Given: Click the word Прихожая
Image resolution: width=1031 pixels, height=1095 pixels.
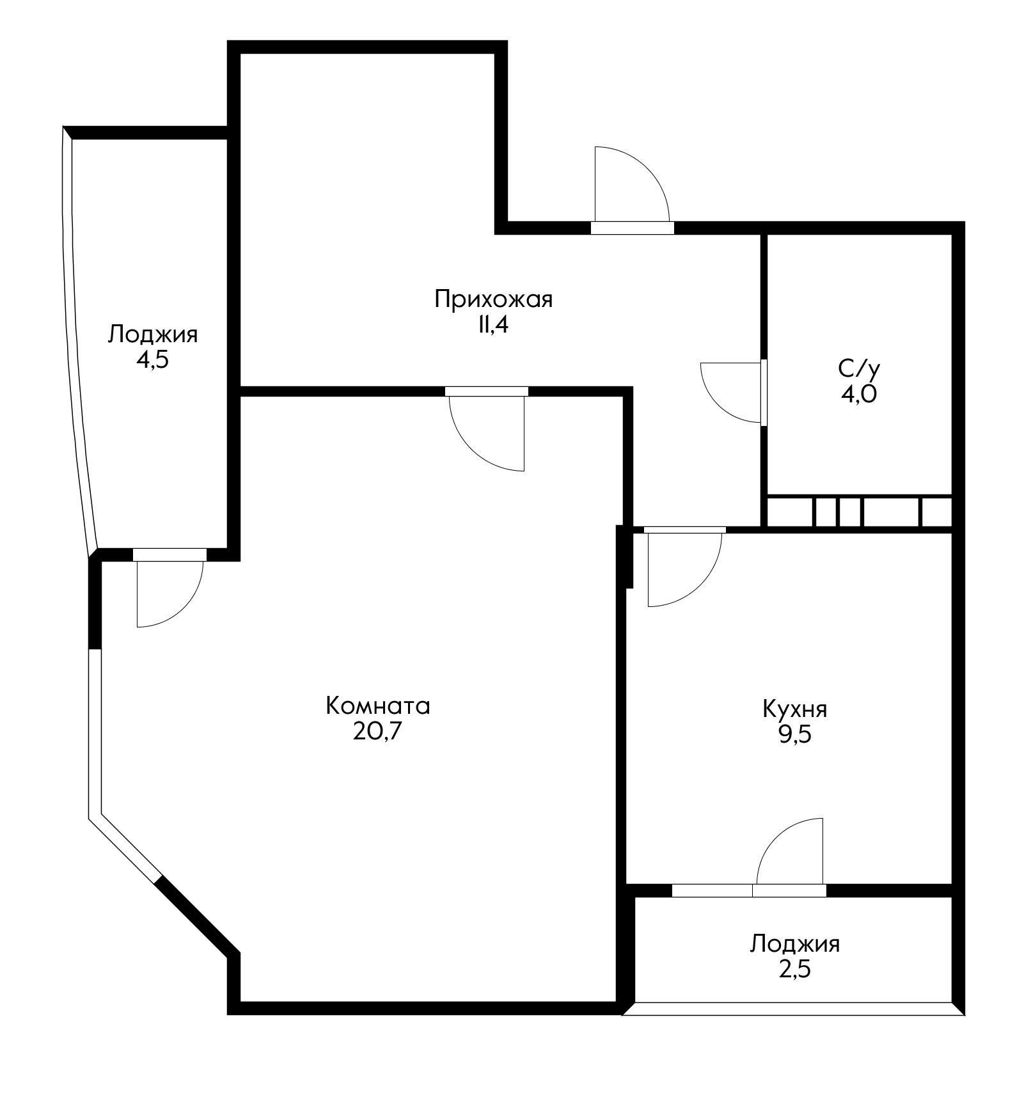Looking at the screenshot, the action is (x=493, y=299).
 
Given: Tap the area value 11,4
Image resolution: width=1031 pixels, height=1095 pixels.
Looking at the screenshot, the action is (x=492, y=325).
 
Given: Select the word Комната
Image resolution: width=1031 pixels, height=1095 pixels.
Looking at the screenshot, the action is (x=378, y=706).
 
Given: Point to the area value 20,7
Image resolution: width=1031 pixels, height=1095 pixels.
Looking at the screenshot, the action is (x=377, y=731).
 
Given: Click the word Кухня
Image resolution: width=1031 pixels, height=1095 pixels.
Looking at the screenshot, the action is (x=795, y=709).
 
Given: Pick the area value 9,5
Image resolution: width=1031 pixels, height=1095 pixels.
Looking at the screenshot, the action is (x=794, y=734).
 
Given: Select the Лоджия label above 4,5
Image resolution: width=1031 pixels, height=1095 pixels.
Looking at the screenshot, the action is (x=152, y=335).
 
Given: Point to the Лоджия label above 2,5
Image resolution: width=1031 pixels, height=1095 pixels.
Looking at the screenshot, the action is (x=795, y=944).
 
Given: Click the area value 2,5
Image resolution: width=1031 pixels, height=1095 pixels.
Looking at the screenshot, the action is (x=794, y=970).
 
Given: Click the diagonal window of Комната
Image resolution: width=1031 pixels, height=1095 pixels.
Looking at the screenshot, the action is (x=125, y=849).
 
